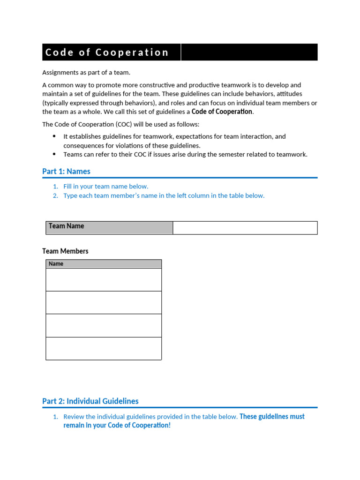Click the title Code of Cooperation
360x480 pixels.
107,52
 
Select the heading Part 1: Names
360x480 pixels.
66,172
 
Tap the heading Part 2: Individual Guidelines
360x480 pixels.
90,401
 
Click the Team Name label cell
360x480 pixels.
109,227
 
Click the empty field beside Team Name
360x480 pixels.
245,228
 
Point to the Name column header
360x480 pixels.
103,264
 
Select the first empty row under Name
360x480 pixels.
103,280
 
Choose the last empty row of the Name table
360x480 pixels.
103,349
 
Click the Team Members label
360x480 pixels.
65,251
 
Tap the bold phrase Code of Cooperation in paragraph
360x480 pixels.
222,112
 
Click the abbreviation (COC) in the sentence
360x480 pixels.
122,125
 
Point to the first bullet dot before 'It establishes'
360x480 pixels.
54,136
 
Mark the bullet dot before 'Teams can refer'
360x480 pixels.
54,154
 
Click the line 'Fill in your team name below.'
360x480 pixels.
106,187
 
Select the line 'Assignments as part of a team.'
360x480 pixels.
86,73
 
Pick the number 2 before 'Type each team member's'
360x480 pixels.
55,196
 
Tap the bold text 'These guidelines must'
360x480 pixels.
272,417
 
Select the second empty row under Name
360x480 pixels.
103,303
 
